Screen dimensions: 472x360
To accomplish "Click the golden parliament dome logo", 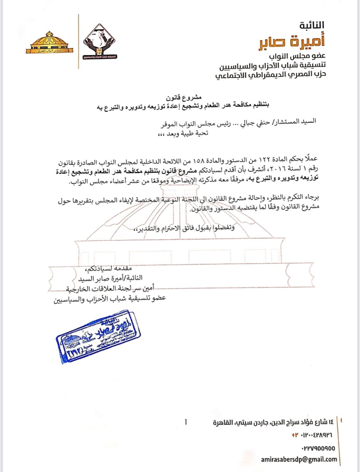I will [x=49, y=43].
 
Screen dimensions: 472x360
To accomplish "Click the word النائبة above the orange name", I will [x=312, y=25].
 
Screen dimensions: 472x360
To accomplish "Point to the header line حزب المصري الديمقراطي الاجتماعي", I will [x=270, y=75].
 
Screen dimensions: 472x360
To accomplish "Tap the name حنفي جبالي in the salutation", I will [x=250, y=122].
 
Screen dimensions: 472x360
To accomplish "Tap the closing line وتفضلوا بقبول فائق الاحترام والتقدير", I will [x=184, y=228].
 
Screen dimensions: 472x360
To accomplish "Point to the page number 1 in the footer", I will [x=186, y=422].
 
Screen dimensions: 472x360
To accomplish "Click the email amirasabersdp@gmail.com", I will [x=298, y=459].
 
